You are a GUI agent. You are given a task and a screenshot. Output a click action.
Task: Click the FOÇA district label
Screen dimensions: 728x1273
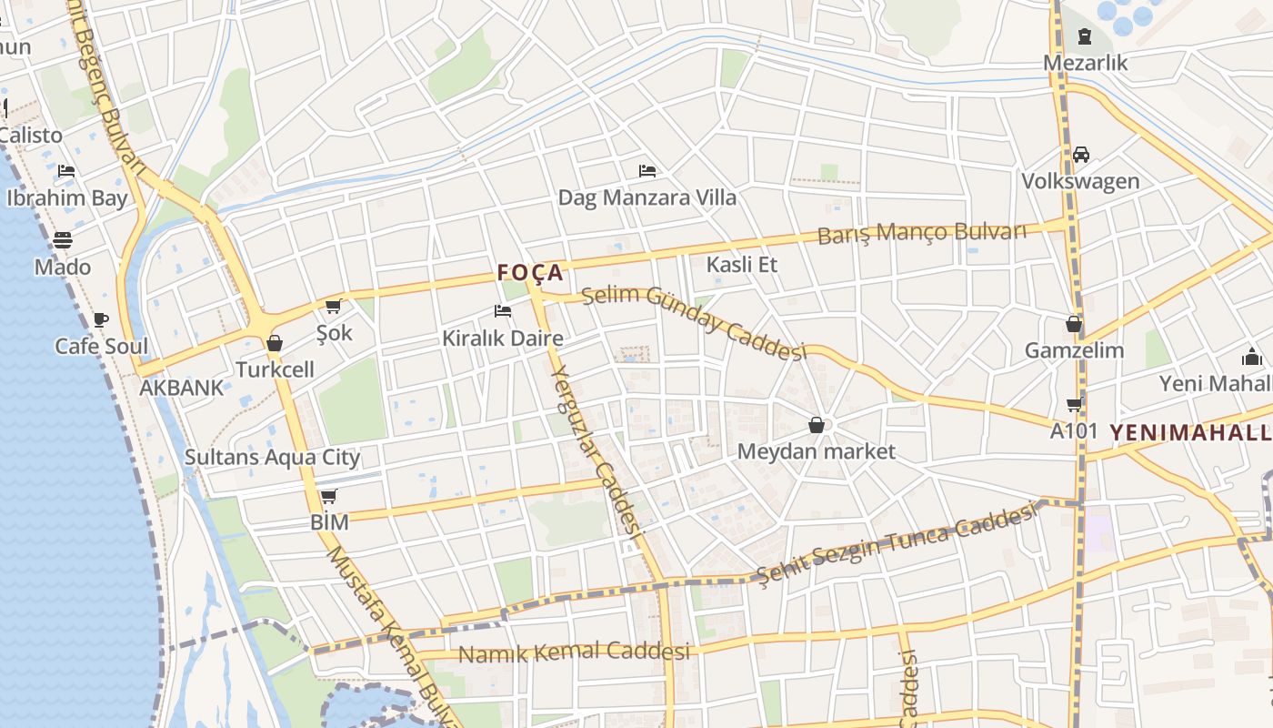(530, 272)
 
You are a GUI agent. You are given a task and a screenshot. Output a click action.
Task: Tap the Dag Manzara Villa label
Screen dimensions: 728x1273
(647, 197)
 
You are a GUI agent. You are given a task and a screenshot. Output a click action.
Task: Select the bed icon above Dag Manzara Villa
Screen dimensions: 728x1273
(647, 170)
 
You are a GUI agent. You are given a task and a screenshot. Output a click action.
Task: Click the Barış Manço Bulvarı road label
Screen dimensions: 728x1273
(922, 233)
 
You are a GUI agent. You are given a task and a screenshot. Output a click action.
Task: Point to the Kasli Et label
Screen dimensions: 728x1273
(743, 265)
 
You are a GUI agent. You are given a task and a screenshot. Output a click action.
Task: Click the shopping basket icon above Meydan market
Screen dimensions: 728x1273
(817, 425)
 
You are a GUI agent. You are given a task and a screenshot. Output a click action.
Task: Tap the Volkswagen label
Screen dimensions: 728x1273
(1080, 181)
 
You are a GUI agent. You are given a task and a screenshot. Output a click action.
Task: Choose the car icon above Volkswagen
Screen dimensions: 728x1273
(1081, 155)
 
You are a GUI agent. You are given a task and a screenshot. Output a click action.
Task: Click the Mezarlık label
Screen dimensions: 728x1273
(1085, 63)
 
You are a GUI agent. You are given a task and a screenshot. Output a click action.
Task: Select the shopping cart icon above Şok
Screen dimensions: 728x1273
(334, 307)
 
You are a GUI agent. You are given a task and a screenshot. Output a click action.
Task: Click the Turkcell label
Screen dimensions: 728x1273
(275, 369)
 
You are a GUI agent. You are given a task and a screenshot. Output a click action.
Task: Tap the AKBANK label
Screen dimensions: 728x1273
(181, 388)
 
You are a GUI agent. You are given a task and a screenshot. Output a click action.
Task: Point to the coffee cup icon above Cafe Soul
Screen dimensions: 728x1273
(101, 319)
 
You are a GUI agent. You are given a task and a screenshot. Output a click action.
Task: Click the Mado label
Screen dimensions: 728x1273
(63, 267)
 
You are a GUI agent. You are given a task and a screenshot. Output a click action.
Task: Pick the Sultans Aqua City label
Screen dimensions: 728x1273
(273, 457)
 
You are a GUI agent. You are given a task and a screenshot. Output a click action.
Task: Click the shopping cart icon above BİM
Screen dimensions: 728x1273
(329, 496)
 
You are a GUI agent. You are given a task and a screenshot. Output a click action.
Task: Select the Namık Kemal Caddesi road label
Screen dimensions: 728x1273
(574, 652)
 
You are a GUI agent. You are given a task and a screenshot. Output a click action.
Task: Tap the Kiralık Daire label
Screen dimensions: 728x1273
(502, 339)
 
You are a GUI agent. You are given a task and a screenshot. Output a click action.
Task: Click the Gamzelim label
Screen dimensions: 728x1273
(1074, 350)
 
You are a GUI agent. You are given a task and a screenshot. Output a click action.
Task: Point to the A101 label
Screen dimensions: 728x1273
(1074, 430)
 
